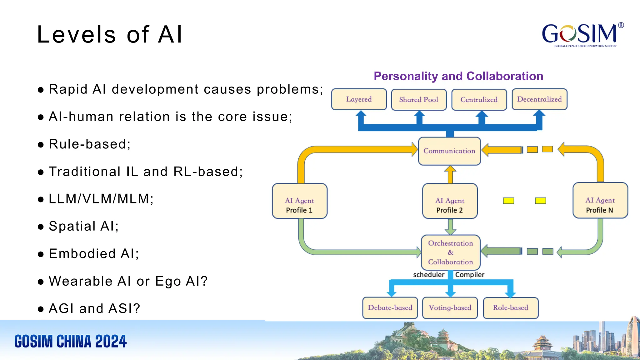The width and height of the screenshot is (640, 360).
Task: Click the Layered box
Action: coord(359,99)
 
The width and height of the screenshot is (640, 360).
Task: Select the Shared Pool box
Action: coord(419,100)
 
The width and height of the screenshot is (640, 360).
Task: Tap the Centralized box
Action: coord(479,100)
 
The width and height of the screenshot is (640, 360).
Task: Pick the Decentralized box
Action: coord(539,99)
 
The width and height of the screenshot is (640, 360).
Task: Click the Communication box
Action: coord(449,151)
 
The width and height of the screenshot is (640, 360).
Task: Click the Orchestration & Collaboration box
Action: coord(450,252)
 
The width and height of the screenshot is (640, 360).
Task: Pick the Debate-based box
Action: coord(390,308)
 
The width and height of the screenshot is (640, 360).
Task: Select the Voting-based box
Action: coord(450,308)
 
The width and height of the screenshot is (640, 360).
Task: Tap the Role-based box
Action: coord(510,308)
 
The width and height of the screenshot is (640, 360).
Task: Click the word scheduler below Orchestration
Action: coord(428,275)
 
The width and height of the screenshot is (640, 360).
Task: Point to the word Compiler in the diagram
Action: coord(470,275)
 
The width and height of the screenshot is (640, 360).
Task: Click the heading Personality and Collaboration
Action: coord(458,76)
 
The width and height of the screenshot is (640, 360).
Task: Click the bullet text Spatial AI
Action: coord(83,226)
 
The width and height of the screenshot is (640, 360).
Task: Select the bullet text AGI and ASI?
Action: coord(94,309)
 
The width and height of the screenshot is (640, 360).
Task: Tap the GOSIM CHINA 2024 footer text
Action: coord(71,341)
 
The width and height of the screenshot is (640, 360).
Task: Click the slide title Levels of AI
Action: coord(109,34)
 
